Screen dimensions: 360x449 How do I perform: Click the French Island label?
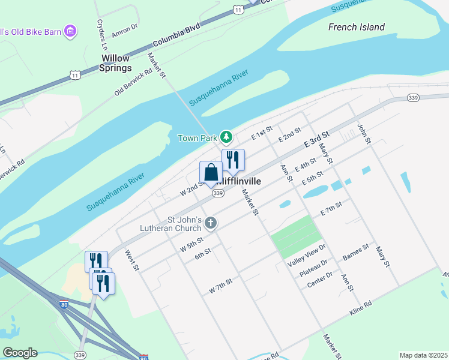pos(357,27)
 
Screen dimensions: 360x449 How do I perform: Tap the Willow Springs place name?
pos(116,63)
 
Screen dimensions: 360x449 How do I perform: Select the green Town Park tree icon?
pos(226,138)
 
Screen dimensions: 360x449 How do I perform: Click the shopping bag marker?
pos(211,173)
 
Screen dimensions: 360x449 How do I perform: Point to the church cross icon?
pos(210,224)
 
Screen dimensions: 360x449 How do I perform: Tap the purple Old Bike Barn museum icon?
pos(70,31)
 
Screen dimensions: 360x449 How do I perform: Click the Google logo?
pos(20,353)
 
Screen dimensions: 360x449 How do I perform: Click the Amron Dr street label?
pos(125,28)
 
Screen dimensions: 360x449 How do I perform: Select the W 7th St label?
pos(220,286)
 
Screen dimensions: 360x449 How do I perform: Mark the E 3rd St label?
pos(317,141)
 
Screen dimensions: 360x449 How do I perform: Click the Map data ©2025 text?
pos(423,355)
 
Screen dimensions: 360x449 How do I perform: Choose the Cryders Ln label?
pos(101,35)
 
